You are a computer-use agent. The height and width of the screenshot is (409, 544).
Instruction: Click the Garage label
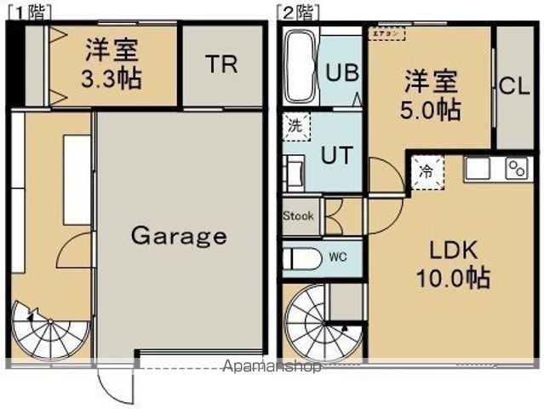pos(179,235)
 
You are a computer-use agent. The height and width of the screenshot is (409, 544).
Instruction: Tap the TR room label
pos(220,66)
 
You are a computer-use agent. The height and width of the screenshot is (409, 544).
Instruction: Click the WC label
pos(339,256)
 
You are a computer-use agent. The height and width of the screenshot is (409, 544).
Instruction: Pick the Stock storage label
pos(298,216)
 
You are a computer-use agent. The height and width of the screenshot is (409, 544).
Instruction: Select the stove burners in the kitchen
pos(517,168)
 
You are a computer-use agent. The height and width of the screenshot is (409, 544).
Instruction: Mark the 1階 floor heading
pos(28,11)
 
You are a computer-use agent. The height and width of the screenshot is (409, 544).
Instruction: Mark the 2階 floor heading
pos(296,11)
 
